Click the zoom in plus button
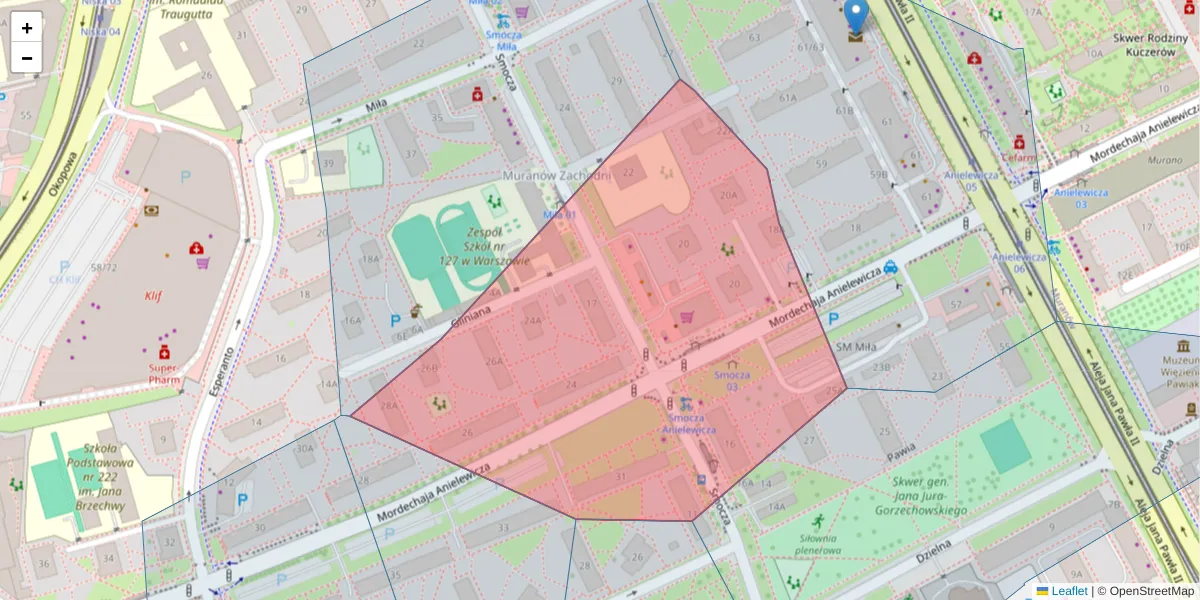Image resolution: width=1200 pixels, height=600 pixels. (x=27, y=28)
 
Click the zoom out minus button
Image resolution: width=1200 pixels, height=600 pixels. (x=27, y=57)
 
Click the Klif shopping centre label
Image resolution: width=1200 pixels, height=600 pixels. (x=152, y=296)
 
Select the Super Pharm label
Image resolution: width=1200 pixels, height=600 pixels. (x=163, y=373)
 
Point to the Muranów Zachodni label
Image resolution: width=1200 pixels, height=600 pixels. (x=556, y=176)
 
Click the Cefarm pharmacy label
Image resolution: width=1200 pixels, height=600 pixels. (x=1019, y=157)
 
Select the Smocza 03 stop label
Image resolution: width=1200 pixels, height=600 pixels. (x=732, y=381)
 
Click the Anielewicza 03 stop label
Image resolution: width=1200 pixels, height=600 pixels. (x=1069, y=198)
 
